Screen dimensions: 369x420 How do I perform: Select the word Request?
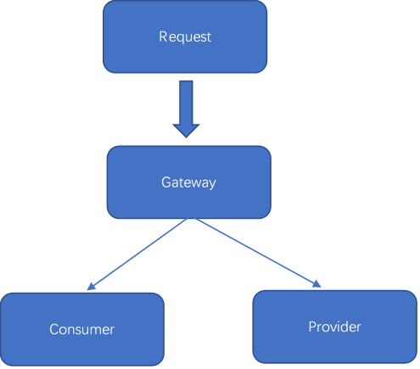click(x=185, y=37)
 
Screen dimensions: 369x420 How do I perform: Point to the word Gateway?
click(x=188, y=182)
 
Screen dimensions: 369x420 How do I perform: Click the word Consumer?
click(x=81, y=329)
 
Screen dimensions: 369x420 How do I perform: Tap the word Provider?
click(x=334, y=327)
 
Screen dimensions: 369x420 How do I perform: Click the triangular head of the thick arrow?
click(x=186, y=128)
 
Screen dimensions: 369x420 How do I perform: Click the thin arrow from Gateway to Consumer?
click(x=140, y=254)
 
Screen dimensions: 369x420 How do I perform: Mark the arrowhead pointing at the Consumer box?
click(x=90, y=287)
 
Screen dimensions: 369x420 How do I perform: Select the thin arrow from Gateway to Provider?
click(x=255, y=252)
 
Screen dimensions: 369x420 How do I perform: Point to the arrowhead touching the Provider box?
click(x=316, y=285)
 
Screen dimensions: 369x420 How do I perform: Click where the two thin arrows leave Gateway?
click(x=194, y=219)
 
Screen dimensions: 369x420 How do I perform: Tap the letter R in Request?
click(x=163, y=37)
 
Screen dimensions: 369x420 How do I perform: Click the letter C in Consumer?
click(x=53, y=329)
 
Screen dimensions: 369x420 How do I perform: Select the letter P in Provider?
click(x=311, y=327)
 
